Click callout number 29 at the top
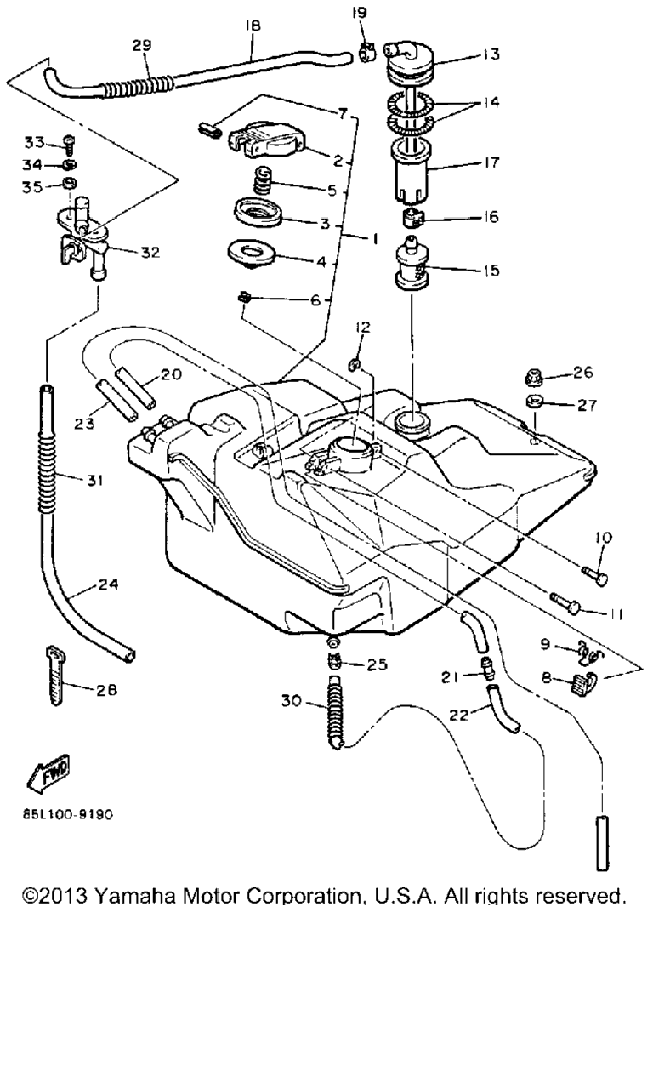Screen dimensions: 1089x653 click(141, 47)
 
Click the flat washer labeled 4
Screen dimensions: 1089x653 click(254, 254)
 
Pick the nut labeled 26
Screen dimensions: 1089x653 click(536, 374)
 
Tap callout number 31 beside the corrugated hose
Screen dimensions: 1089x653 click(94, 481)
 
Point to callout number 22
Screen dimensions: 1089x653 click(460, 716)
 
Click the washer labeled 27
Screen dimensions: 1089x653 click(536, 402)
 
